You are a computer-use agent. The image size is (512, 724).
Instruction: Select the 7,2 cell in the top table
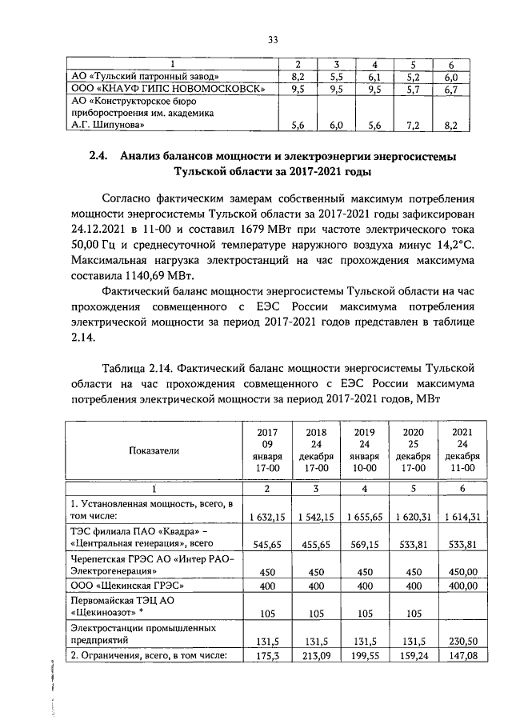click(418, 125)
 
